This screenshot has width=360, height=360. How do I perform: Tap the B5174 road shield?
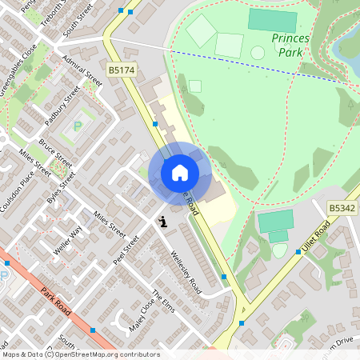(x=122, y=71)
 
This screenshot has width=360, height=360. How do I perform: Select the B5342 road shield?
(x=342, y=208)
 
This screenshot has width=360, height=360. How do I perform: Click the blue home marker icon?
(x=180, y=172)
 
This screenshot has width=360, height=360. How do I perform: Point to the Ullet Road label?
(x=316, y=238)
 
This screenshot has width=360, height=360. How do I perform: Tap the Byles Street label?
(x=58, y=190)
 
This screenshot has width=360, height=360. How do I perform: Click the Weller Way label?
(x=70, y=240)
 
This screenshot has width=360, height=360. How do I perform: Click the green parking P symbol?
(x=78, y=126)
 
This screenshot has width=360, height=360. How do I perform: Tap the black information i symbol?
(x=163, y=222)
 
